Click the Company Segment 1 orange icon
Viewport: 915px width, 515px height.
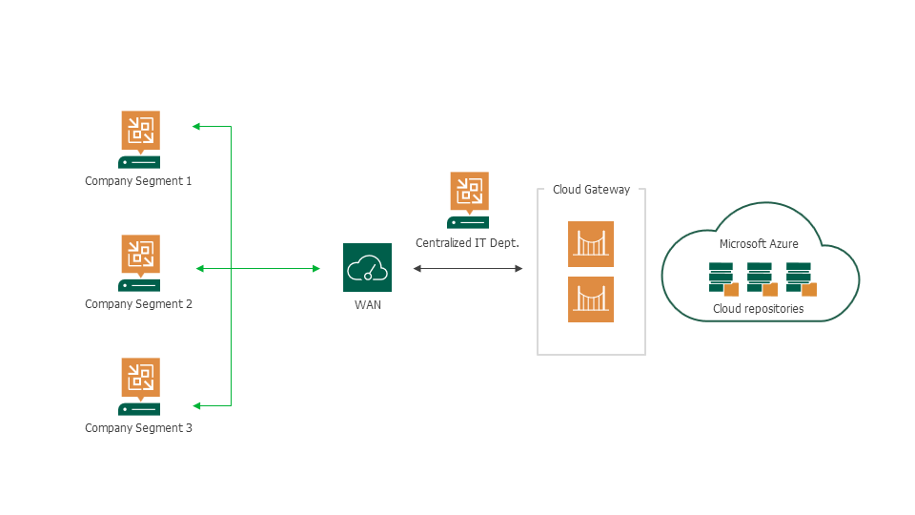point(140,130)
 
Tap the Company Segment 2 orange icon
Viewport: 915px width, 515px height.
point(140,254)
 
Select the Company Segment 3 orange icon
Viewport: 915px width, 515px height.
point(140,377)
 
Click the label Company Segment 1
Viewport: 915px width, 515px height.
point(138,180)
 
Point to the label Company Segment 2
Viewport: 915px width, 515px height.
point(138,304)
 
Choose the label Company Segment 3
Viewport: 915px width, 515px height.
point(138,428)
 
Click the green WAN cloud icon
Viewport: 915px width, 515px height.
point(367,268)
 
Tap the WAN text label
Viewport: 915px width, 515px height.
point(367,305)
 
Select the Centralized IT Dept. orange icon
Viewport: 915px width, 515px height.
point(468,191)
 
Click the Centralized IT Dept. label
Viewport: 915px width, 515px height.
point(467,243)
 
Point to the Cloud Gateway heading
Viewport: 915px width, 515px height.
point(591,190)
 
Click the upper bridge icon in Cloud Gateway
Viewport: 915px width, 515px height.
point(591,244)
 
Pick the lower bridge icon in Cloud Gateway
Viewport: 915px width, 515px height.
point(591,299)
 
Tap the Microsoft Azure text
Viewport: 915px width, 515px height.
point(759,244)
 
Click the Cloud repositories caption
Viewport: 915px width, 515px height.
point(759,309)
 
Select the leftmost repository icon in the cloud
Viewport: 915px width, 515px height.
point(722,278)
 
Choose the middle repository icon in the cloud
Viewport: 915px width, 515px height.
point(760,278)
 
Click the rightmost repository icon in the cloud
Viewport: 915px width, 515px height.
point(799,278)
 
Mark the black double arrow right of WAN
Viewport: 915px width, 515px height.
point(468,269)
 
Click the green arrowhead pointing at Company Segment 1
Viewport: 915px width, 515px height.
point(196,126)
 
